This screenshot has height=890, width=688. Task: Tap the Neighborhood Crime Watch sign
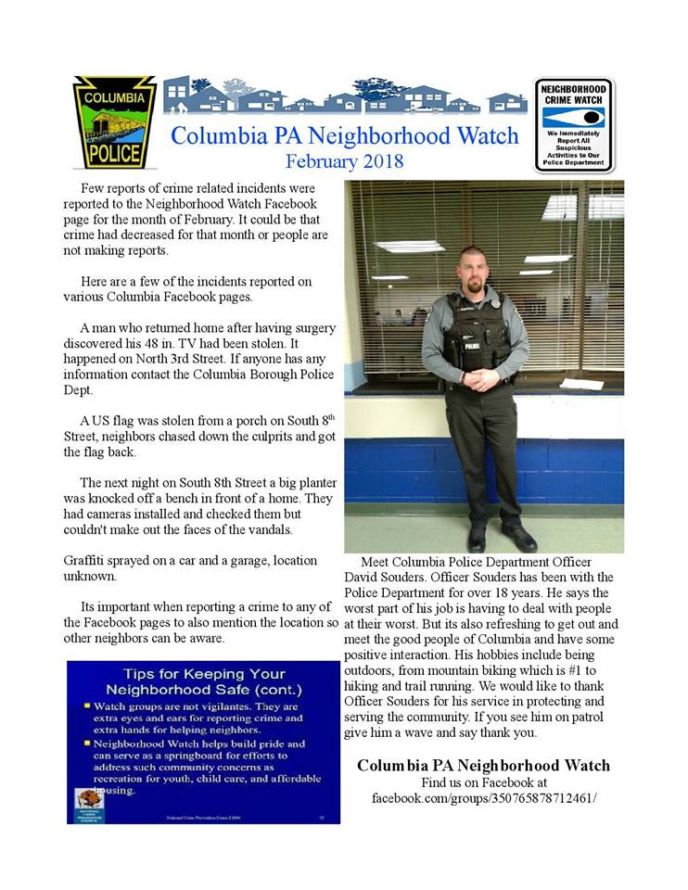(574, 124)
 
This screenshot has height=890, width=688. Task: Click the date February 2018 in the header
(344, 161)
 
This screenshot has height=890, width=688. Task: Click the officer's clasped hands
(480, 379)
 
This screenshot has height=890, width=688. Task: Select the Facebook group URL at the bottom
(483, 797)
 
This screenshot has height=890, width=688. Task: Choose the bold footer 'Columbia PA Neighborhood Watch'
(483, 766)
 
